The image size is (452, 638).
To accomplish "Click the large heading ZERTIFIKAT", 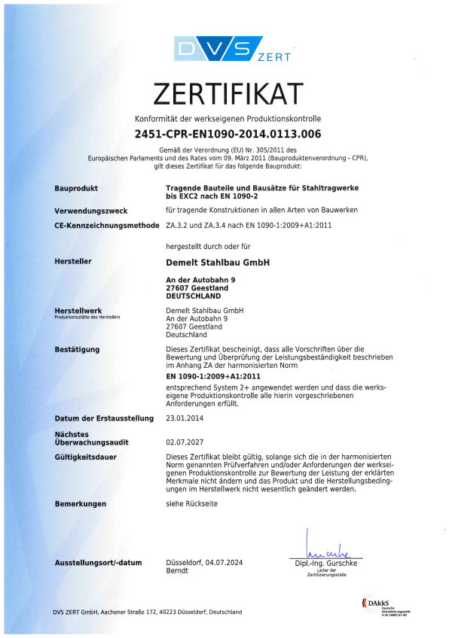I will coord(228,93).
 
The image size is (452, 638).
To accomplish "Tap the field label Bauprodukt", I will coord(77,188).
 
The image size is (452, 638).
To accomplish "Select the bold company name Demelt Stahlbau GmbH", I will coord(217,262).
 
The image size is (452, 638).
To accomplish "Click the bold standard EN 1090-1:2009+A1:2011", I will coord(213,375).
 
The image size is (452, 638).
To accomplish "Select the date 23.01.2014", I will coord(181,418).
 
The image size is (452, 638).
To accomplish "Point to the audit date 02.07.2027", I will coord(181,444).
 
